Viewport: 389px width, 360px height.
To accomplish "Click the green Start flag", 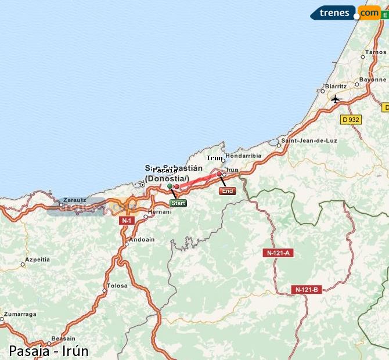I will [178, 203].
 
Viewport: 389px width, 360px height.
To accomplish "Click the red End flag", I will [227, 191].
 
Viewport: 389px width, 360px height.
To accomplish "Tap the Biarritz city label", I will [336, 86].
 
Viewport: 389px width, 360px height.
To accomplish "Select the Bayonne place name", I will [373, 80].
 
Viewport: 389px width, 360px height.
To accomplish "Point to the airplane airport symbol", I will [335, 99].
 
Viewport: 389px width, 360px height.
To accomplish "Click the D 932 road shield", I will [350, 119].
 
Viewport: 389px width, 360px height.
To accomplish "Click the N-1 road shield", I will [127, 221].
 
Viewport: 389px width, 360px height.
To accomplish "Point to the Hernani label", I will [160, 212].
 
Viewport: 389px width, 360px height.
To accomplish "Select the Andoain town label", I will [142, 239].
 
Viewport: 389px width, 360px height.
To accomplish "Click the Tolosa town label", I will [117, 286].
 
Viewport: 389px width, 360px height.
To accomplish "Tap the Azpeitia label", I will [38, 260].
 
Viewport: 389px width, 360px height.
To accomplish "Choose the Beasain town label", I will [63, 339].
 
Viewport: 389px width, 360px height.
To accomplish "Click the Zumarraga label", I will [20, 314].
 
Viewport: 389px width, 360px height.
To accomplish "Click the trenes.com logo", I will [345, 12].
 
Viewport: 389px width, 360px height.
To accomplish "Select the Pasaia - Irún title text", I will [49, 351].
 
